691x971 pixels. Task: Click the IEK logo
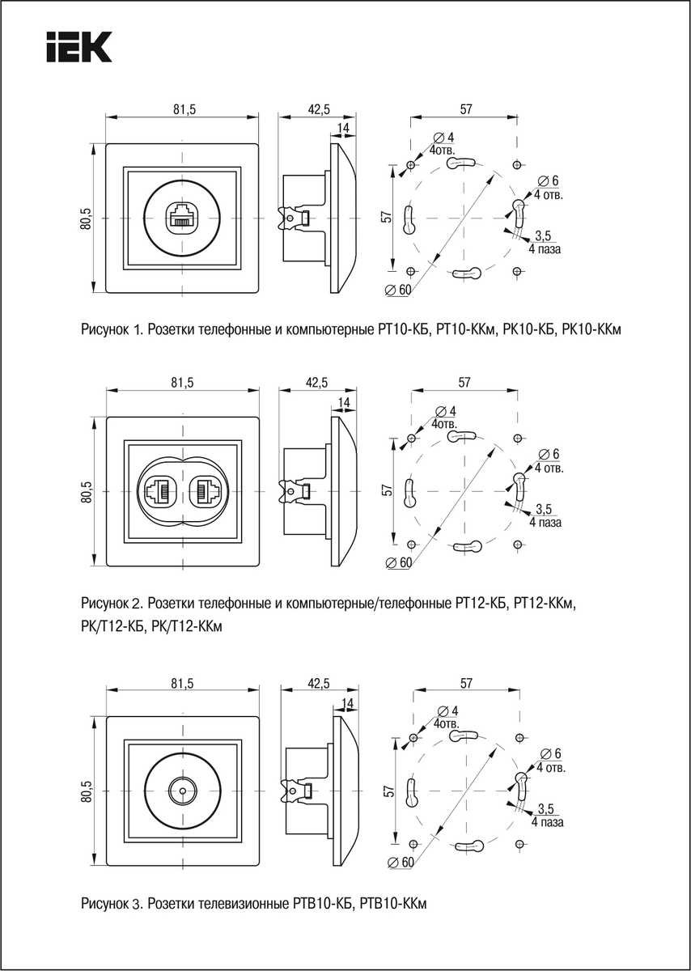pos(78,48)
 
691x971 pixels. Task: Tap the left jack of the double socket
pos(157,490)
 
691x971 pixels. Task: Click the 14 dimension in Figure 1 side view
pos(343,129)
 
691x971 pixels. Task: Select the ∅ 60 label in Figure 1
pos(399,290)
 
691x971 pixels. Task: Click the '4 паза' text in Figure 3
pos(548,822)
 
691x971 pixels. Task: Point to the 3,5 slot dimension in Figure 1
pos(543,236)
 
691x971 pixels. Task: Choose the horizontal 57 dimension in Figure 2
pos(464,383)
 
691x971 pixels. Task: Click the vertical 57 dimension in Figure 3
pos(388,791)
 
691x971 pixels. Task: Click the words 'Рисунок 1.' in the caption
pos(112,329)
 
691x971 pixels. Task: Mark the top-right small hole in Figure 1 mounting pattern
pos(517,165)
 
